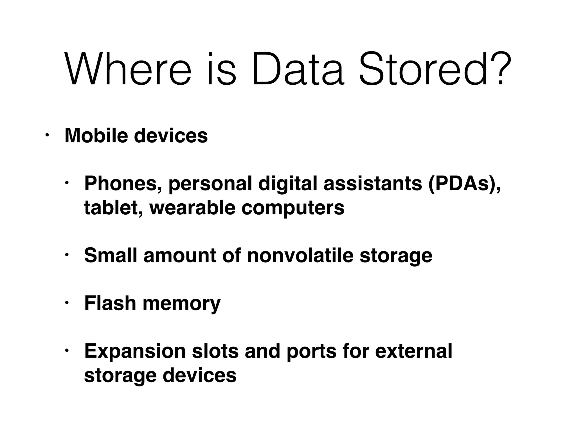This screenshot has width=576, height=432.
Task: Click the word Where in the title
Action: click(128, 69)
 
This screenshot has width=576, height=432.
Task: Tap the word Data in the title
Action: click(298, 69)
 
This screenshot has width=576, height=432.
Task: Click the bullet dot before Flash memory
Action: click(67, 303)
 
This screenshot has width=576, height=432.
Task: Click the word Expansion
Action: click(135, 351)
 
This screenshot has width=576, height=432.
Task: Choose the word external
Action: click(413, 351)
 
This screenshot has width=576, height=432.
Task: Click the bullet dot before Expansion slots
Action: click(67, 351)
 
